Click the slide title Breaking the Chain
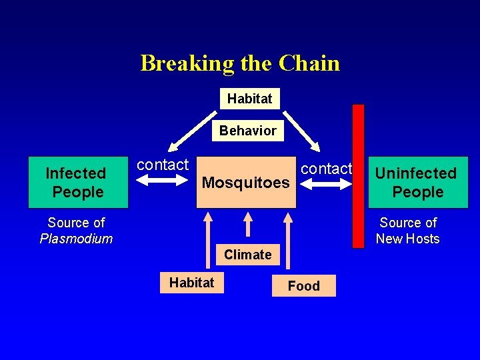pos(240,63)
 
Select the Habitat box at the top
pos(249,99)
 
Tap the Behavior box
pos(248,131)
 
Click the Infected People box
pos(75,183)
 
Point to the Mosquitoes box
pos(246,183)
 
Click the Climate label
pos(248,255)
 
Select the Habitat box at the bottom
pos(191,283)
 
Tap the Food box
pos(303,286)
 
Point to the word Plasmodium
pos(76,239)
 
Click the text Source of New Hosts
pos(407,231)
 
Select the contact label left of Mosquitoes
pos(163,165)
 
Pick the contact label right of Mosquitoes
pos(326,169)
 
